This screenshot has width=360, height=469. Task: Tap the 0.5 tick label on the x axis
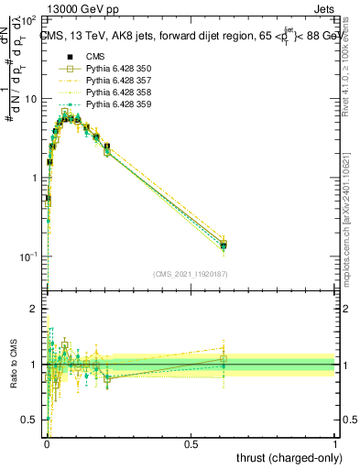pos(191,442)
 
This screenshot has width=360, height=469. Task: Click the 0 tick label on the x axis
pos(47,442)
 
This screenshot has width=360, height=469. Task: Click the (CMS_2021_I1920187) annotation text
pos(191,274)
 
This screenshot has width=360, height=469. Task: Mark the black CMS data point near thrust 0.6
pos(224,245)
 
